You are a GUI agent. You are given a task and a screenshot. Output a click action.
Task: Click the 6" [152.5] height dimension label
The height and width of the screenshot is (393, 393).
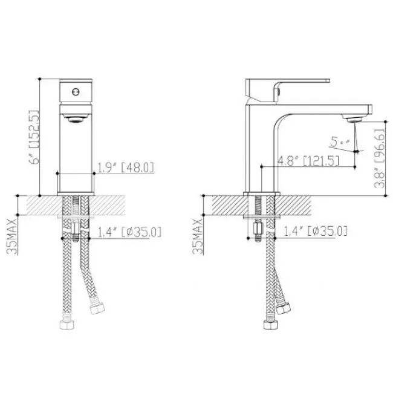(34, 137)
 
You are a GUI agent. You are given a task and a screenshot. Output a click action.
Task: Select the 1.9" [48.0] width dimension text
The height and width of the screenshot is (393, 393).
(125, 167)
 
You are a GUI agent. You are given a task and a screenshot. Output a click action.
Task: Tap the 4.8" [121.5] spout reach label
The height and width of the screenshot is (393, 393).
(308, 161)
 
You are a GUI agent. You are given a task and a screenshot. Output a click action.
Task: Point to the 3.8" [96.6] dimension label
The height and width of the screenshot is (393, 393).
(379, 158)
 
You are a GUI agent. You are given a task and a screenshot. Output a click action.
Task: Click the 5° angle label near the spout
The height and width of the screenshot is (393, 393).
(340, 142)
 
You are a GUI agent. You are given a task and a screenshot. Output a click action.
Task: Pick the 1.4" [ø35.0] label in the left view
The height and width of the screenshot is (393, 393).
(129, 232)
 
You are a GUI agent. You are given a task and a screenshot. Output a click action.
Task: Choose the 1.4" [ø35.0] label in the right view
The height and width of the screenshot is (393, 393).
(316, 231)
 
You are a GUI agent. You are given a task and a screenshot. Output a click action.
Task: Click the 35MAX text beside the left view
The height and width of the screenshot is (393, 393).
(11, 236)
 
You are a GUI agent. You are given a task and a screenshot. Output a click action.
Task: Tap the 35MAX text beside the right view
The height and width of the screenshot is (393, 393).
(198, 236)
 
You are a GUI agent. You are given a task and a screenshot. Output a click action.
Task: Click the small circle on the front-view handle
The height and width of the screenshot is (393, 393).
(76, 92)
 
